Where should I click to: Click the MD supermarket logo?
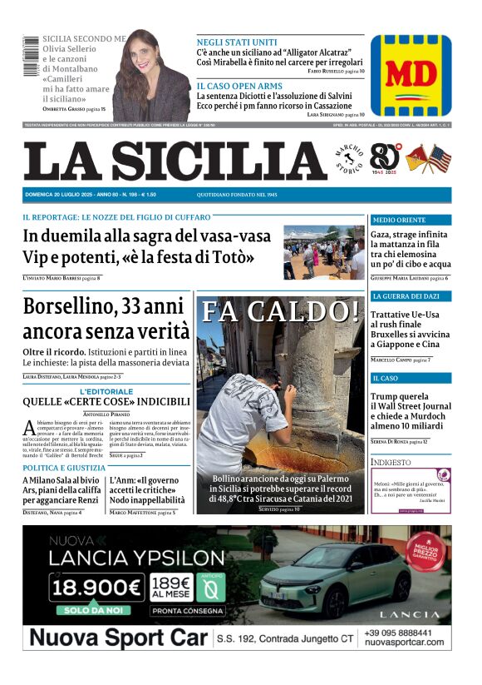coord(411,76)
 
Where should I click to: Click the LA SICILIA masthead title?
coord(175,161)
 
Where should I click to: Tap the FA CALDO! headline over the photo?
coord(282,311)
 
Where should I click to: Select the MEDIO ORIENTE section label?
coord(398,221)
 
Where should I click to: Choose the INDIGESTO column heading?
coord(391,461)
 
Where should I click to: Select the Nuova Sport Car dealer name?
coord(116,638)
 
